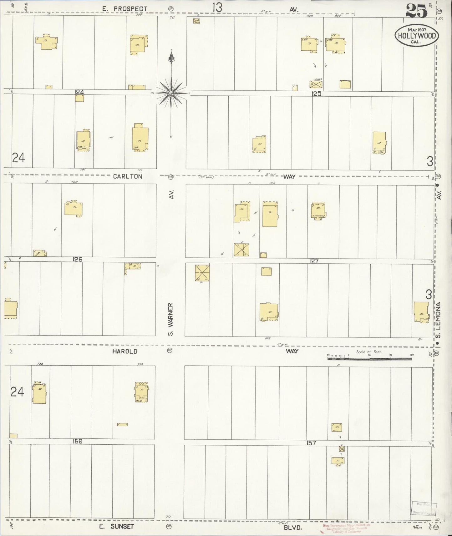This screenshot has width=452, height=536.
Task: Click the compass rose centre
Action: pos(171,93)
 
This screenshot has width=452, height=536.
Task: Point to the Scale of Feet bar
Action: pos(370,358)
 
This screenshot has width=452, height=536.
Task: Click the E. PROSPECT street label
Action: pos(124,9)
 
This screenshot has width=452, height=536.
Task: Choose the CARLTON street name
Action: pos(128,176)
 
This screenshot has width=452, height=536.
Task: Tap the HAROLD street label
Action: pos(125,351)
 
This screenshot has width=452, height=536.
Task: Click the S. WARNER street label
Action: pos(170,319)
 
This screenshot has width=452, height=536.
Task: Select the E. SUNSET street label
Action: pos(116,526)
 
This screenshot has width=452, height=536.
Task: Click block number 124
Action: pos(79,92)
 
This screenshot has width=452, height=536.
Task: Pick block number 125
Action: pos(317,94)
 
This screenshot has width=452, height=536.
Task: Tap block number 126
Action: pos(77,259)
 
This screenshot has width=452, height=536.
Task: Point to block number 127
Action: pos(314,261)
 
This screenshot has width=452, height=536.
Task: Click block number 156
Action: pos(77,441)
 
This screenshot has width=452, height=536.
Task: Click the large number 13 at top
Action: pos(217,8)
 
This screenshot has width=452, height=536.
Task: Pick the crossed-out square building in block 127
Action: pos(202,273)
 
